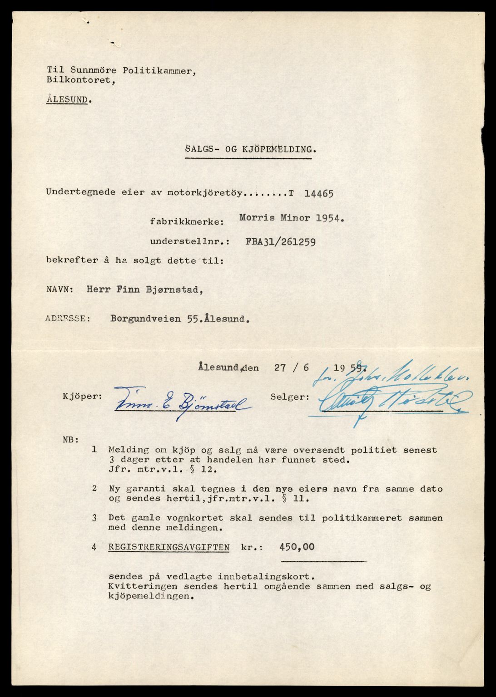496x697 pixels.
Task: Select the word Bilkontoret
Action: coord(78,80)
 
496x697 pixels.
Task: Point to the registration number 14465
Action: coord(318,193)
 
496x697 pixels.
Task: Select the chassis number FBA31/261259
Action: coord(281,241)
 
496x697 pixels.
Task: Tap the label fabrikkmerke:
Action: coord(187,222)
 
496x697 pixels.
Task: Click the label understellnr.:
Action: coord(190,241)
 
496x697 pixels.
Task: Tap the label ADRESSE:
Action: coord(68,319)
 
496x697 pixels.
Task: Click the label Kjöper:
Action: coord(83,396)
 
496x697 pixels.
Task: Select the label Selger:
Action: coord(290,397)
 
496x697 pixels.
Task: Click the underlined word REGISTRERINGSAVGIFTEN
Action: coord(169,547)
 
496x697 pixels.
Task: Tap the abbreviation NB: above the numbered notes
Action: coord(71,439)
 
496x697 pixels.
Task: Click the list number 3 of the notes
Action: coord(94,518)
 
